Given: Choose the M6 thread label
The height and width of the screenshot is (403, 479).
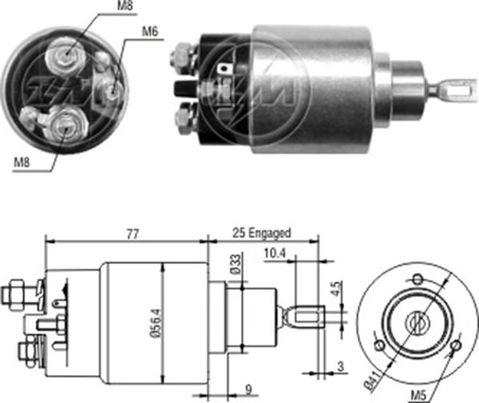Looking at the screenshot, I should tap(150, 32).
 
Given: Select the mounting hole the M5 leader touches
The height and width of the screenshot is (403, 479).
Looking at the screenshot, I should tap(455, 346).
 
